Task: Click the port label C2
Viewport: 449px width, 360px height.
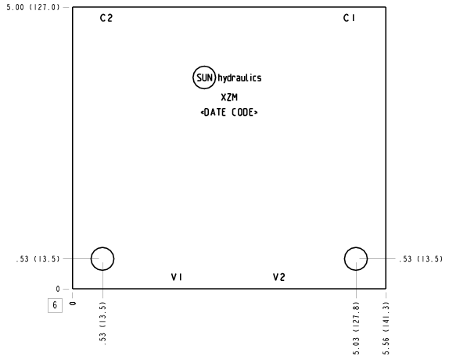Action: coord(106,18)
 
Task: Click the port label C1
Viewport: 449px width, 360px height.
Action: coord(349,18)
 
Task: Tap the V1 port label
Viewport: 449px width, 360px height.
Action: coord(177,277)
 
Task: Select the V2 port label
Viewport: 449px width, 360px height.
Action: coord(279,277)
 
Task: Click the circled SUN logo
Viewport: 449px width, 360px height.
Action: coord(204,77)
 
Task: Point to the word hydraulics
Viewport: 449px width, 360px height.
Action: coord(239,78)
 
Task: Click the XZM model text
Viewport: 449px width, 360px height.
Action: coord(229,97)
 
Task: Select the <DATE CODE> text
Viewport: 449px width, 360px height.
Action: coord(229,112)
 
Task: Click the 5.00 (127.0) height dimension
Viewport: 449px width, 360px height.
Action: coord(33,8)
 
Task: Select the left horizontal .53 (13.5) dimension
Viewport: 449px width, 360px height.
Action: coord(38,259)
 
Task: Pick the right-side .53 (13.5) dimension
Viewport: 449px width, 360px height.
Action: coord(421,259)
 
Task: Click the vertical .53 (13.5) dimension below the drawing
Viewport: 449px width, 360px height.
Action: coord(102,323)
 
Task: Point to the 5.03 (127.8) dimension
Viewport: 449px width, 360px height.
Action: coord(356,329)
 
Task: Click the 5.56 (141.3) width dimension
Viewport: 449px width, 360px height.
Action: coord(386,329)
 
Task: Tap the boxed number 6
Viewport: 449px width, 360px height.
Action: coord(55,305)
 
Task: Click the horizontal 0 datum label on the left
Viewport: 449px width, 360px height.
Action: coord(58,290)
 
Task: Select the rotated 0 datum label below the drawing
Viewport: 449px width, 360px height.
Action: coord(73,304)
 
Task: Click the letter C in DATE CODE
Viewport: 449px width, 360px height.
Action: coord(234,112)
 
